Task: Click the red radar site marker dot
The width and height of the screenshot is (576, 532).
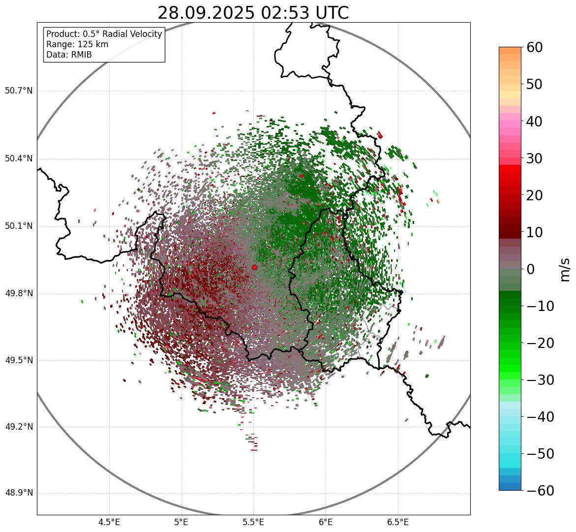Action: coord(254,267)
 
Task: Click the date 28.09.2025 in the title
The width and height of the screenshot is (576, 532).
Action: coord(206,13)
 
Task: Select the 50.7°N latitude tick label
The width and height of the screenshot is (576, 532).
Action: coord(18,91)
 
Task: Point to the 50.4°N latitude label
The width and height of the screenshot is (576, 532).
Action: coord(18,159)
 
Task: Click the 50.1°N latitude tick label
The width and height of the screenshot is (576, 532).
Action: coord(18,226)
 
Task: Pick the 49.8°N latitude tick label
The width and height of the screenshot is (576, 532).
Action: coord(18,294)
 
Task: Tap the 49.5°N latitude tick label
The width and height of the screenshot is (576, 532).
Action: coord(18,360)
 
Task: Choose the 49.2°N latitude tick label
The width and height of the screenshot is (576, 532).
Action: coord(18,427)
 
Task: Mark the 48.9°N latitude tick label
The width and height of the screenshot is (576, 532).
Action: coord(18,493)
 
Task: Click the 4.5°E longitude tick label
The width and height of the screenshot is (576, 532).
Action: coord(109,522)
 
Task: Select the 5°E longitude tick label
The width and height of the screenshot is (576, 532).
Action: coord(182,522)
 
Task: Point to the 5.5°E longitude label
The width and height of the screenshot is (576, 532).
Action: coord(253,522)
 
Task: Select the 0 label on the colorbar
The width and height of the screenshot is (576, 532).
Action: coord(531,269)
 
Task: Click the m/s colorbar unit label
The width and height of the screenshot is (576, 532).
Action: coord(565,269)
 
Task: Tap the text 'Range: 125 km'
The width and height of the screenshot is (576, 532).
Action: coord(77,44)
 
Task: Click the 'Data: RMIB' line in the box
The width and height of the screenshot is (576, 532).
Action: coord(69,55)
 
